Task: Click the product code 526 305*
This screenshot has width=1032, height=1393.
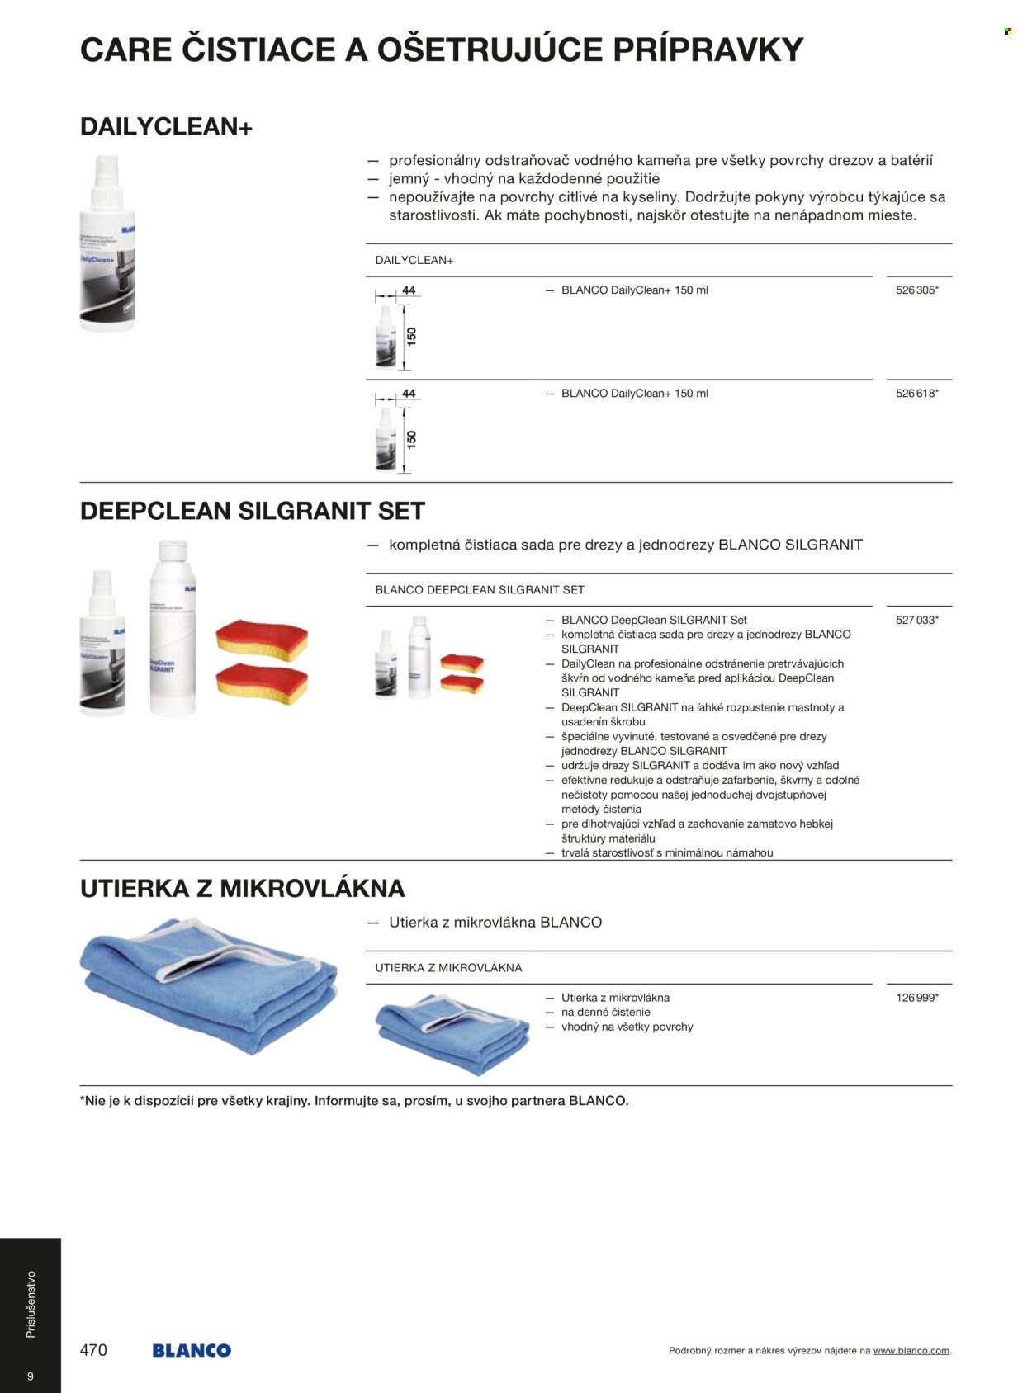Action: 916,290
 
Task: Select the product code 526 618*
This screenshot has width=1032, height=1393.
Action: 916,394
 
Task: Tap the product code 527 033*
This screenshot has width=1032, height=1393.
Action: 916,620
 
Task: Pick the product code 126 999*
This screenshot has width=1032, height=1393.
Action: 916,998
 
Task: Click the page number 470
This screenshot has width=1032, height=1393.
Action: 93,1350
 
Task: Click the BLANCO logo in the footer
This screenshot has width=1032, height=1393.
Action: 192,1351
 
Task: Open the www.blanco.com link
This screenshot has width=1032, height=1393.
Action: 911,1351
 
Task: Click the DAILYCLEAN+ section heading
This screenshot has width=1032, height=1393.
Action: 166,127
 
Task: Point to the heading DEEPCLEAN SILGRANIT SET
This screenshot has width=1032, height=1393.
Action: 252,511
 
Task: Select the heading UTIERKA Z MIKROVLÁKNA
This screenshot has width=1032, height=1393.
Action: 242,889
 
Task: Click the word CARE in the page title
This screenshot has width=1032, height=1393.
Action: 125,50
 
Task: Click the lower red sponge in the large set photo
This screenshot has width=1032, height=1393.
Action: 261,683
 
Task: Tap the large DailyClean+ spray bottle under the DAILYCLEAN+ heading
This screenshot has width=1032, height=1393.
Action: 107,243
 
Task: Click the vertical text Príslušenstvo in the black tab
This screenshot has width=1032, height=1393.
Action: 31,1304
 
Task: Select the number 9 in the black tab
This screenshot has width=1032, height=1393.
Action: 31,1376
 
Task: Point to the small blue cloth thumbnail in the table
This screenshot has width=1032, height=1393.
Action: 452,1034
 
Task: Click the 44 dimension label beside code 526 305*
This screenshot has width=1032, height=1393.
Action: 409,290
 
